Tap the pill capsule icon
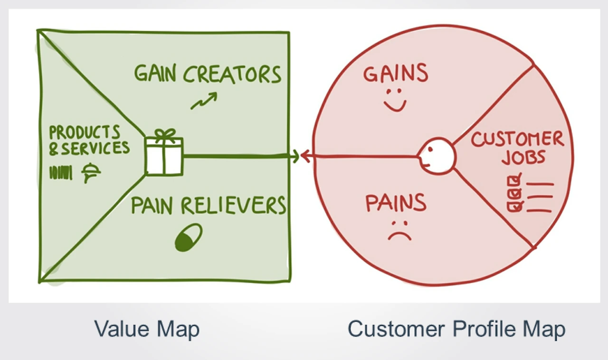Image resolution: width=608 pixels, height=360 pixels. (189, 237)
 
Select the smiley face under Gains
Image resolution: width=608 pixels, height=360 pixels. (395, 100)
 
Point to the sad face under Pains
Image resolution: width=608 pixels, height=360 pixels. (399, 231)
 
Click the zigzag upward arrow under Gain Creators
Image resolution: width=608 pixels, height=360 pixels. (204, 101)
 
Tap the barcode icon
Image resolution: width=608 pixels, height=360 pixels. (61, 172)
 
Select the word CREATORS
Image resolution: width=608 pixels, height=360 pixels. (232, 74)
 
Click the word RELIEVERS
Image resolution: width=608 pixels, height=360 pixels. (233, 205)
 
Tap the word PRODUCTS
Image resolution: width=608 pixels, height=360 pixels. (85, 132)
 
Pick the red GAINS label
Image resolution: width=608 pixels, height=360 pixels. (396, 73)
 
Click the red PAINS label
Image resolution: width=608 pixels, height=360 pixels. (396, 202)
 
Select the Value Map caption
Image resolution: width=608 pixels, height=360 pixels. (147, 329)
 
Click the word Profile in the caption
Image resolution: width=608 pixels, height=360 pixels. (484, 329)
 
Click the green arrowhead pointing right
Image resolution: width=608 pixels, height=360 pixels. (295, 156)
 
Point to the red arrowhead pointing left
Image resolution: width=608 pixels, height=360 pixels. (305, 156)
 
